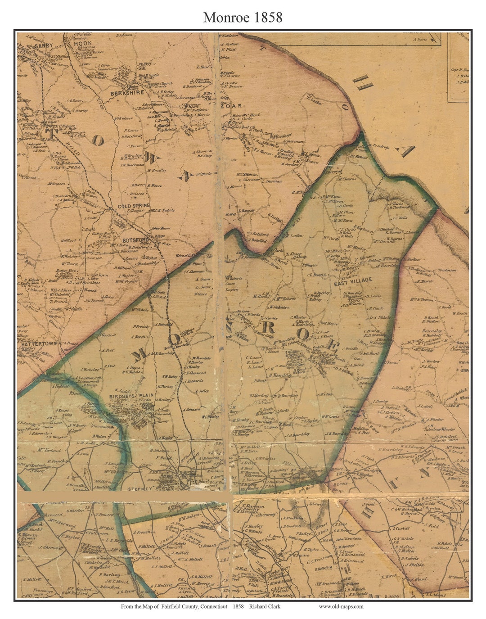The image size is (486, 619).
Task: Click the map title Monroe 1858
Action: pos(243,17)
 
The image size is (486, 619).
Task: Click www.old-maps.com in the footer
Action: pos(341,606)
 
